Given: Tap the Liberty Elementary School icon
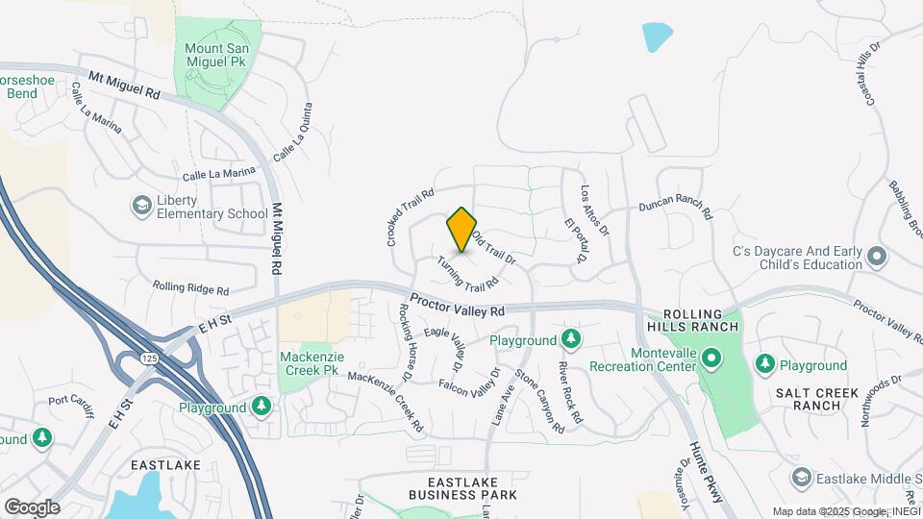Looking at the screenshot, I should pos(142,206).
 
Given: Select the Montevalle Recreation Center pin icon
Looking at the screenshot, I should pos(711,360).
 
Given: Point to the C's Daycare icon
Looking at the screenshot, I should pos(876,257).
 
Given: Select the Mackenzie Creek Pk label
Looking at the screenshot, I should pos(310,362).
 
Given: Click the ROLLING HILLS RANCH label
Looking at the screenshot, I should pos(701,320).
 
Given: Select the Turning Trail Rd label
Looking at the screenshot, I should pos(469,273).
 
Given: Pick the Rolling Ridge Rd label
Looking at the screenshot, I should pos(190,286).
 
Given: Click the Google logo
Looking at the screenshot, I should pos(32,507).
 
